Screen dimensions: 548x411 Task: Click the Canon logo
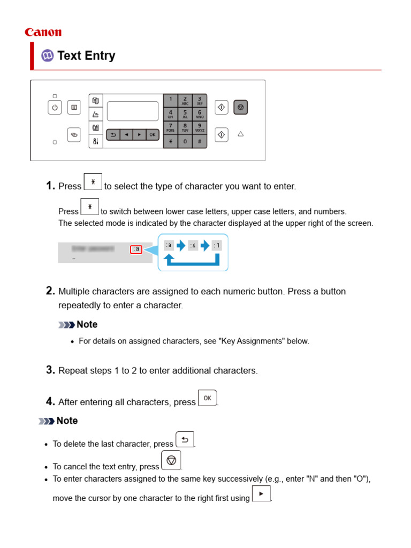point(43,33)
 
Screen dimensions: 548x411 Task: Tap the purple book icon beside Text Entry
point(48,56)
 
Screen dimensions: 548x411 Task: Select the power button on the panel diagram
point(55,108)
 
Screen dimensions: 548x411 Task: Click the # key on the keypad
point(199,141)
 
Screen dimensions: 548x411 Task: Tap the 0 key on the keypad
point(185,141)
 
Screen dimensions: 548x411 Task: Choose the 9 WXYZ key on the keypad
point(199,127)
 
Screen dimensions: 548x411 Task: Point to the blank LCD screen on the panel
point(133,111)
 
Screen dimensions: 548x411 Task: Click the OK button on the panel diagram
point(152,135)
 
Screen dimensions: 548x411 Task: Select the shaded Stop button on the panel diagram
point(240,108)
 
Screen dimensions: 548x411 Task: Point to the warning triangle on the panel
point(240,134)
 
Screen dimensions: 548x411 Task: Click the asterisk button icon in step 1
point(93,182)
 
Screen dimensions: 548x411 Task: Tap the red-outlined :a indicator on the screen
point(136,249)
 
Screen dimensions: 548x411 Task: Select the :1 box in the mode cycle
point(216,246)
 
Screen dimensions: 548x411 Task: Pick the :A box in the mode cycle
point(193,246)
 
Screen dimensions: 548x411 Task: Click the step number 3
point(50,370)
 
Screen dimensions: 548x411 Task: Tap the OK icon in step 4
point(207,398)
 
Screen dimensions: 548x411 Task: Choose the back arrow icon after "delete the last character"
point(185,440)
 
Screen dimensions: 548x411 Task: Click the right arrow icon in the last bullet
point(261,494)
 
